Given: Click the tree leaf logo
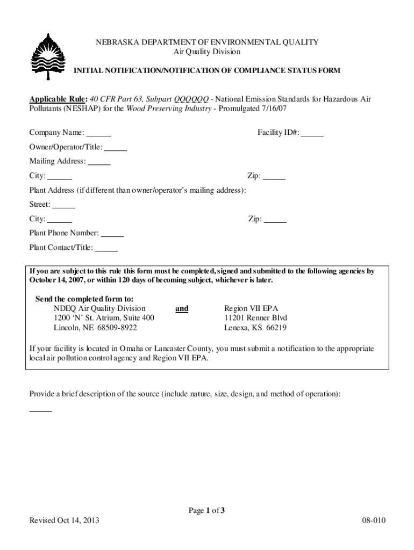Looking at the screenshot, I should click(x=48, y=56).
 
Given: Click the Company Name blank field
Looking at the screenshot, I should click(x=99, y=133).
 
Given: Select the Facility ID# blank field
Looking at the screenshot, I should click(x=312, y=133).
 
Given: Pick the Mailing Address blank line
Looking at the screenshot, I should click(x=99, y=162).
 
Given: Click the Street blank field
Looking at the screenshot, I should click(x=64, y=205).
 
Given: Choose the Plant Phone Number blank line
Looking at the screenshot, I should click(x=112, y=234).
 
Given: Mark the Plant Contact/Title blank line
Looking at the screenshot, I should click(x=106, y=248).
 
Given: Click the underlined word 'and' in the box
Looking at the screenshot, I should click(x=182, y=309).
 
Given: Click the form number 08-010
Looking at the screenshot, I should click(x=375, y=521).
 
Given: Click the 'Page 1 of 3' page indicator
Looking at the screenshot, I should click(x=206, y=511).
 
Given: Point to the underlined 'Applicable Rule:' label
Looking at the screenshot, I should click(x=58, y=99).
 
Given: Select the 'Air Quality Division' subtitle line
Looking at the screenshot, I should click(x=206, y=52).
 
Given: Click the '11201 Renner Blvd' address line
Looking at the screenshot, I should click(x=255, y=318).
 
